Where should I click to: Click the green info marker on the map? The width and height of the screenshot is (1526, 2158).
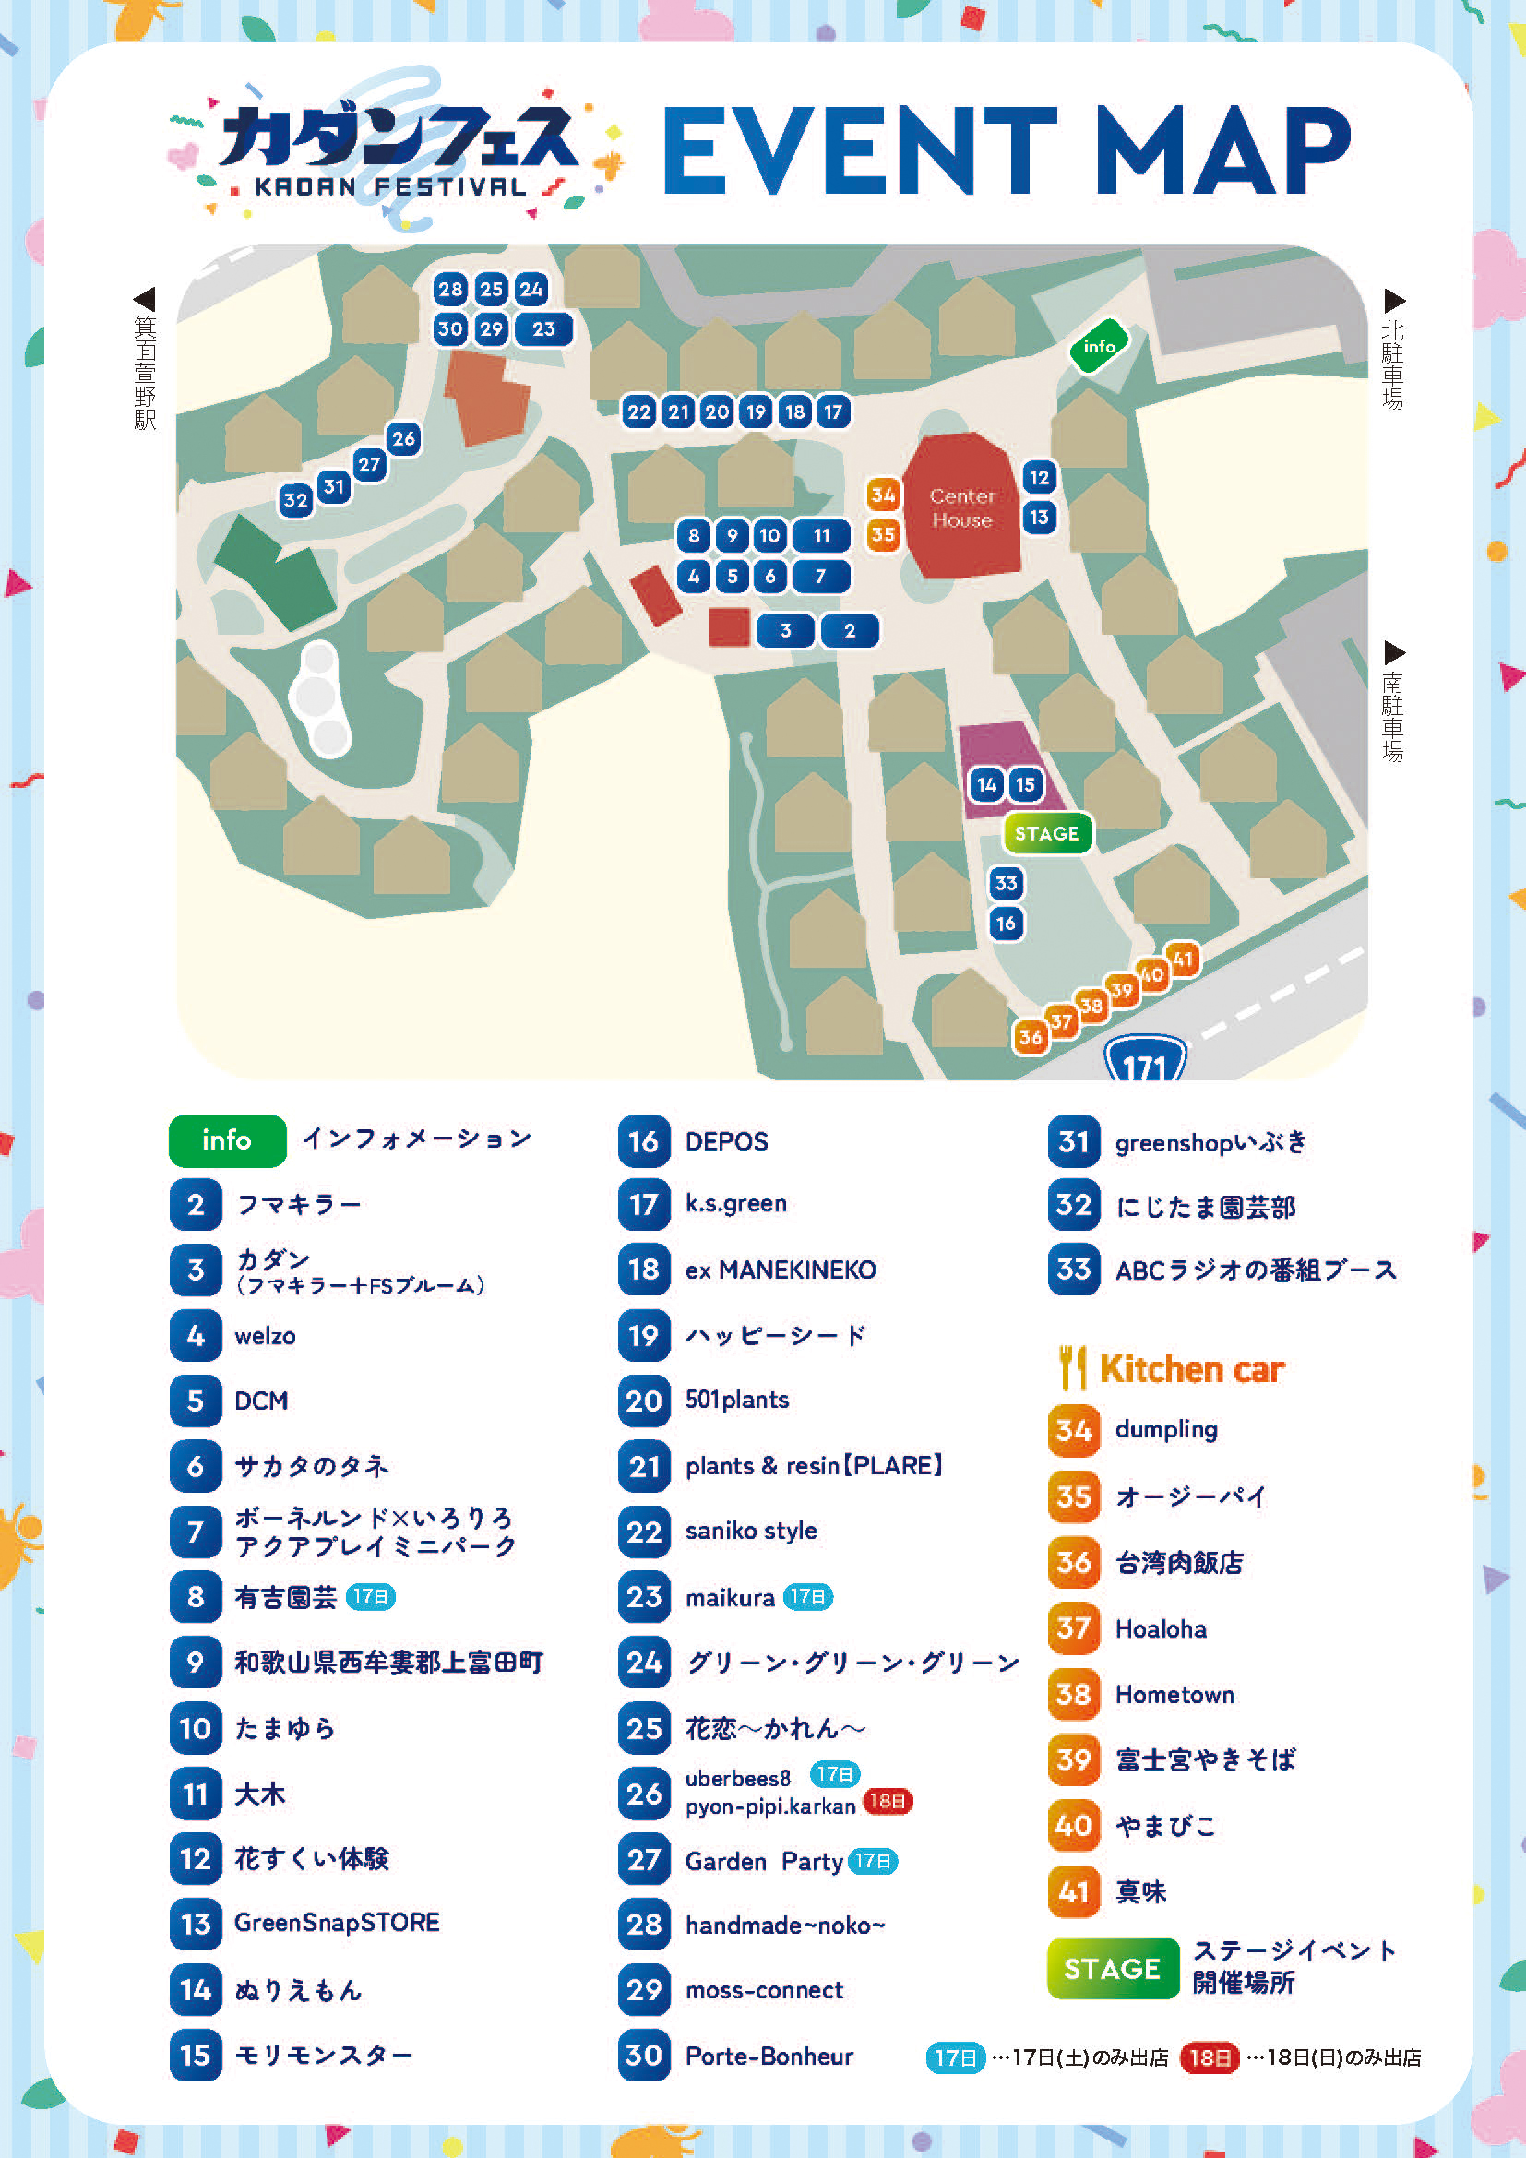1099,347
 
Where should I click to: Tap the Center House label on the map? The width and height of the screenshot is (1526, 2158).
961,507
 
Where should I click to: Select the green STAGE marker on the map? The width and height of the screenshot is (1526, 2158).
1047,834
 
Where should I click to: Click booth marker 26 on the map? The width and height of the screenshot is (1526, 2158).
403,438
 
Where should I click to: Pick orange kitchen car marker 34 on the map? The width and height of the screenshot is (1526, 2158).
882,495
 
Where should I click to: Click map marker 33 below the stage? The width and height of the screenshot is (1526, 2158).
1006,884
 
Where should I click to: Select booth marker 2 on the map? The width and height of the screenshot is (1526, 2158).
850,631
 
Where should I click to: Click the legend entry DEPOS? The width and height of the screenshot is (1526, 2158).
726,1142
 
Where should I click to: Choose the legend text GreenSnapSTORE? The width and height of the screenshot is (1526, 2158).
337,1923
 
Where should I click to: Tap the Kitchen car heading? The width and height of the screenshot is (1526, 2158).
1190,1369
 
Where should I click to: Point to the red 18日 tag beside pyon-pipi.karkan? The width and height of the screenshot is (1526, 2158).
887,1802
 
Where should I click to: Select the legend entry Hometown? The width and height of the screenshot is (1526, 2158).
1174,1695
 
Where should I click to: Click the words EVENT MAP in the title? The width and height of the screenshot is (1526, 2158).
1007,150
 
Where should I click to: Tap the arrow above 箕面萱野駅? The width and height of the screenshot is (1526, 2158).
144,300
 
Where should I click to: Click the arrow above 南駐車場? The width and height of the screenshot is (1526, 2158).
1394,652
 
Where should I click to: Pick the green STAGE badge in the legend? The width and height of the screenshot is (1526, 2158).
1113,1968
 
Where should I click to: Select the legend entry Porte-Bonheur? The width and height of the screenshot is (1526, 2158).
769,2057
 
